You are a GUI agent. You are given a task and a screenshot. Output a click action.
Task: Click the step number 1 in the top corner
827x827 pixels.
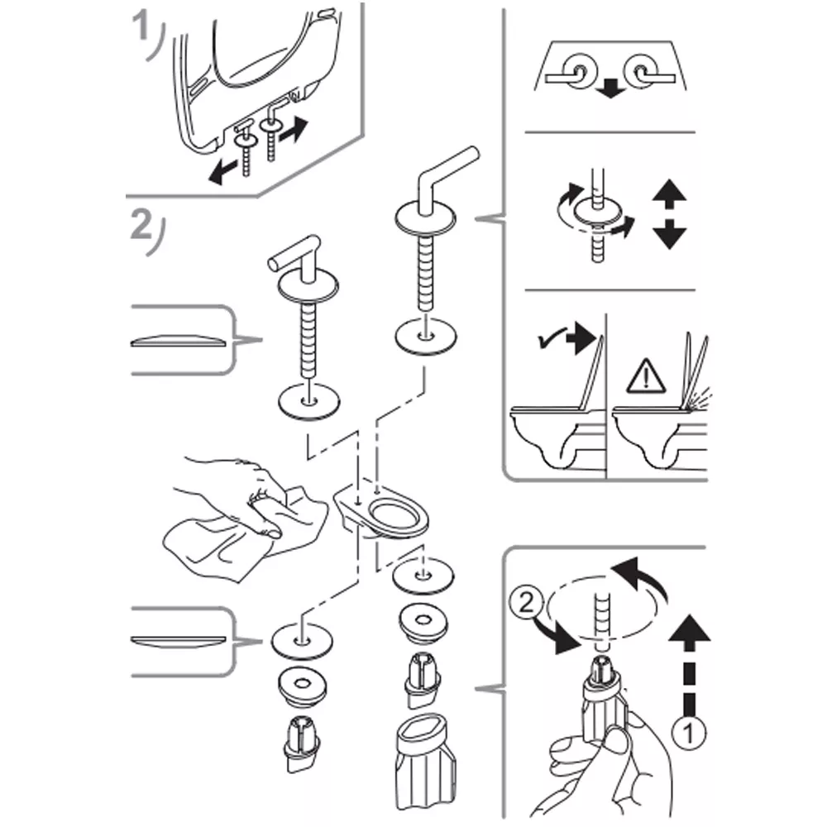(x=141, y=27)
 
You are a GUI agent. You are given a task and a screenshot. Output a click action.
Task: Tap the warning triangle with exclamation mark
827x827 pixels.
(x=646, y=376)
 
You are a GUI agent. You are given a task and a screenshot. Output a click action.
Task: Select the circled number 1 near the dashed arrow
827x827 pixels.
(x=688, y=732)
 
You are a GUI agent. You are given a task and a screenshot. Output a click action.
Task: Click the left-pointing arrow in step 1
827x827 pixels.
(x=222, y=172)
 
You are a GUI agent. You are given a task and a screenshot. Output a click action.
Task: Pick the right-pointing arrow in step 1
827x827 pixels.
(x=294, y=131)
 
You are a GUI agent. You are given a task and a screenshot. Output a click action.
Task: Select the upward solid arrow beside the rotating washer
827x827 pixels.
(x=669, y=195)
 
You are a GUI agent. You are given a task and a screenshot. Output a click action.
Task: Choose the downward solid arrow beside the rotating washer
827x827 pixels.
(x=669, y=234)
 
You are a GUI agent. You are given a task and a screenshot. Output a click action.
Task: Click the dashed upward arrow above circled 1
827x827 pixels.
(x=689, y=665)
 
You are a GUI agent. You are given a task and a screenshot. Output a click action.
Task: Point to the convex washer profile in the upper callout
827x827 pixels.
(x=179, y=341)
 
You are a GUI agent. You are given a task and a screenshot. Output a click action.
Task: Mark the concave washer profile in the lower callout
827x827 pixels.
(x=179, y=642)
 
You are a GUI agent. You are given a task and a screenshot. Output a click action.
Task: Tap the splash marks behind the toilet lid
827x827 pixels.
(x=700, y=399)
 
